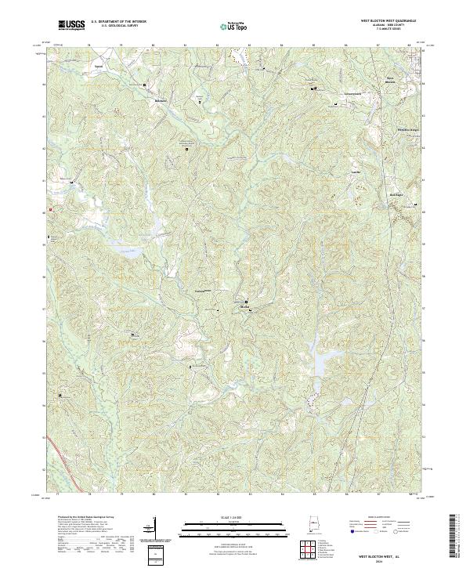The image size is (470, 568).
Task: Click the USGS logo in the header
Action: coord(71,26)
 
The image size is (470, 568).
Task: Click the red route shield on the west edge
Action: coord(50,210)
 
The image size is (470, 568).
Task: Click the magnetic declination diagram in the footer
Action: coord(149,529)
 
